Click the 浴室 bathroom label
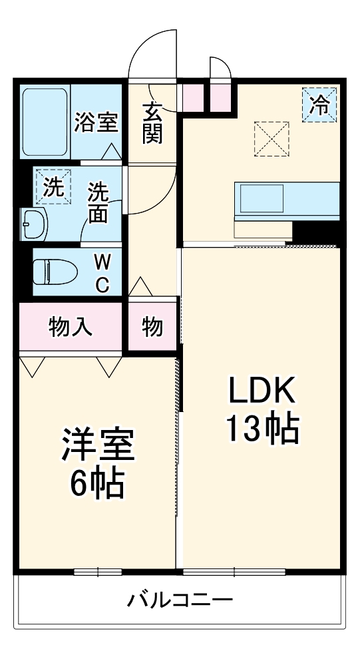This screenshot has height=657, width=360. coord(96,122)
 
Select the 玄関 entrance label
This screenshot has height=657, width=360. coord(152,123)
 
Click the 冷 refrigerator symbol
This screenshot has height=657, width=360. coord(320,105)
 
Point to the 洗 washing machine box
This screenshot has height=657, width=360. coord(53,187)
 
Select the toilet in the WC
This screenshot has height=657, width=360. coord(55,272)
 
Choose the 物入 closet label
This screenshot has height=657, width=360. coord(71,327)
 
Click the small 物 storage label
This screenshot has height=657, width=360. coord(152,327)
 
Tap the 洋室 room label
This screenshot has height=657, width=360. coord(98,447)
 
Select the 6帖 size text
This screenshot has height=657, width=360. coord(97,485)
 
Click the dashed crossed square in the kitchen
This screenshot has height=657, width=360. coord(273,138)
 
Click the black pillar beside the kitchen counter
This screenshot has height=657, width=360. coord(316,232)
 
